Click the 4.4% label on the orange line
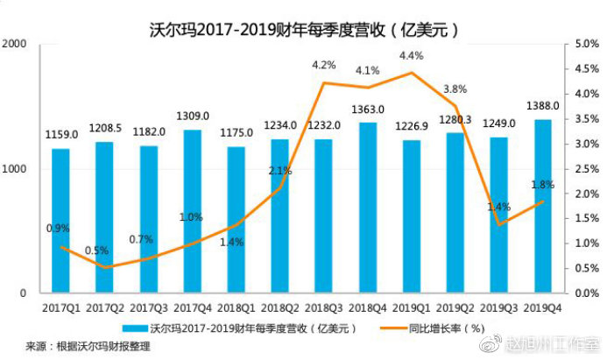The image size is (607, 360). point(412,55)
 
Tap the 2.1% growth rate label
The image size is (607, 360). point(279,171)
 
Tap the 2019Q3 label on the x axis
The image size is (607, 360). point(500,307)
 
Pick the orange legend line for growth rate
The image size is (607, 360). point(389,328)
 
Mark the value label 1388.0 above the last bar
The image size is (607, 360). point(544,106)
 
